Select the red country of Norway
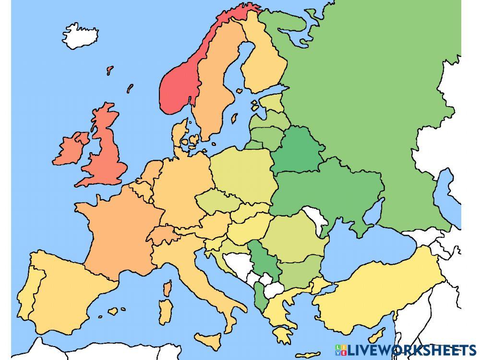[179, 86]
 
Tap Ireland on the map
[71, 149]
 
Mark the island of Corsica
[168, 288]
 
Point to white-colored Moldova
[315, 218]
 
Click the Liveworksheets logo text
[410, 349]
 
